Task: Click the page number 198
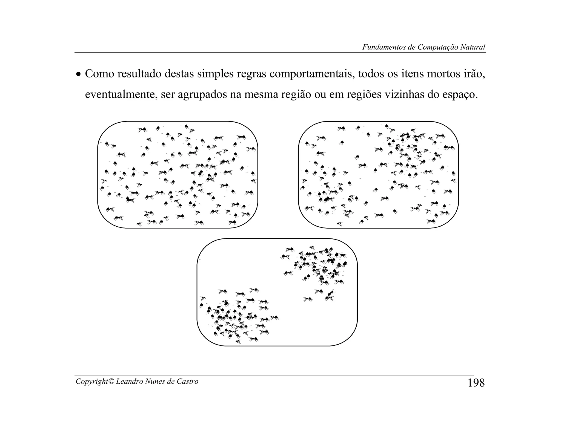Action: [476, 383]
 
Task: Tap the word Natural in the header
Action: [473, 47]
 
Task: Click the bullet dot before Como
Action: [79, 74]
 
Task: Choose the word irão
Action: [474, 74]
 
